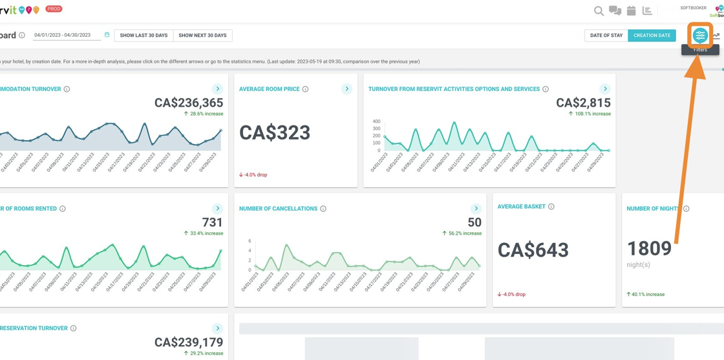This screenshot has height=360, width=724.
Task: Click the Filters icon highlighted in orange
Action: (x=699, y=36)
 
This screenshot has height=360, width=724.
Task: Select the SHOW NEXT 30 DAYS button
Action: (x=202, y=36)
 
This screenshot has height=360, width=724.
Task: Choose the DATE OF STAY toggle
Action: (x=606, y=36)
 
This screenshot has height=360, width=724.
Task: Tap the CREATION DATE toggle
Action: (x=652, y=36)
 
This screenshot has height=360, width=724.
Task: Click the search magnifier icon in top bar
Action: (x=599, y=11)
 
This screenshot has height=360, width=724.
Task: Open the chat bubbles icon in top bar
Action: (x=615, y=11)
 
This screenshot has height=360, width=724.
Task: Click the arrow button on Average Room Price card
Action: (x=346, y=89)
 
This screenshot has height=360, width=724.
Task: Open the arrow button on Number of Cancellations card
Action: (x=476, y=209)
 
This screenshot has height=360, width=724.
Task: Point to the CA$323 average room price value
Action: (x=275, y=132)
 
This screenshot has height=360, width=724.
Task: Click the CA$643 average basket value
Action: (x=533, y=250)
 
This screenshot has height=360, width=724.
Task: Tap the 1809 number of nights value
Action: (x=649, y=249)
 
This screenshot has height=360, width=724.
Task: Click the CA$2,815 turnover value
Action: (x=583, y=103)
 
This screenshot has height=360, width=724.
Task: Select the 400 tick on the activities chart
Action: (x=376, y=122)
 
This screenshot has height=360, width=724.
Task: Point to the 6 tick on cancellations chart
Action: (x=250, y=241)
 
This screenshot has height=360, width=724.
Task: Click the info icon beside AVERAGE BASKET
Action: (x=551, y=207)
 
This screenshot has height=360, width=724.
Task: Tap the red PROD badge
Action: (x=54, y=9)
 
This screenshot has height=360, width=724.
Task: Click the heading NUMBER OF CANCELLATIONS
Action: (x=278, y=209)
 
